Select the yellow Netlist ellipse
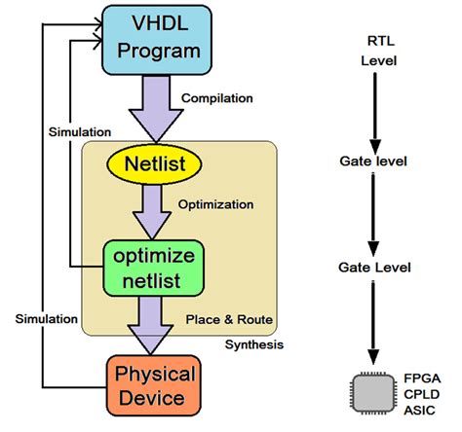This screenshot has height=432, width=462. pos(153,162)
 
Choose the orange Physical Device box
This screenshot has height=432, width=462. pos(156,385)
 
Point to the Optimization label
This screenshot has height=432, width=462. pos(215,205)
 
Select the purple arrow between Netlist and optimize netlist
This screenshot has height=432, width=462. pos(153,210)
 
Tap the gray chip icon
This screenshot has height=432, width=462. pos(375,392)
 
